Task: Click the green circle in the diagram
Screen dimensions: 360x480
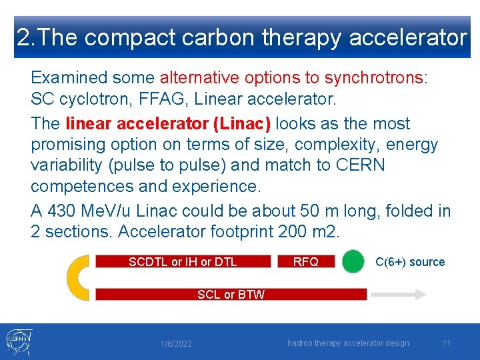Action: click(x=353, y=261)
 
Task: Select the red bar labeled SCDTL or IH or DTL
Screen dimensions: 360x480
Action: click(x=183, y=261)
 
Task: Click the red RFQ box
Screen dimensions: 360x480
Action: click(x=305, y=261)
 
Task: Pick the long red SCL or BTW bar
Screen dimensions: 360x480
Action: click(x=231, y=294)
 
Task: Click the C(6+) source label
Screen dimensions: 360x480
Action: click(x=410, y=262)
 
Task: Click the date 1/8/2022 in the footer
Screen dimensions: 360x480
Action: click(x=177, y=344)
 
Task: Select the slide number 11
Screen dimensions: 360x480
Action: click(x=447, y=343)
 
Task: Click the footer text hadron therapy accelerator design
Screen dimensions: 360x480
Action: click(x=348, y=343)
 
